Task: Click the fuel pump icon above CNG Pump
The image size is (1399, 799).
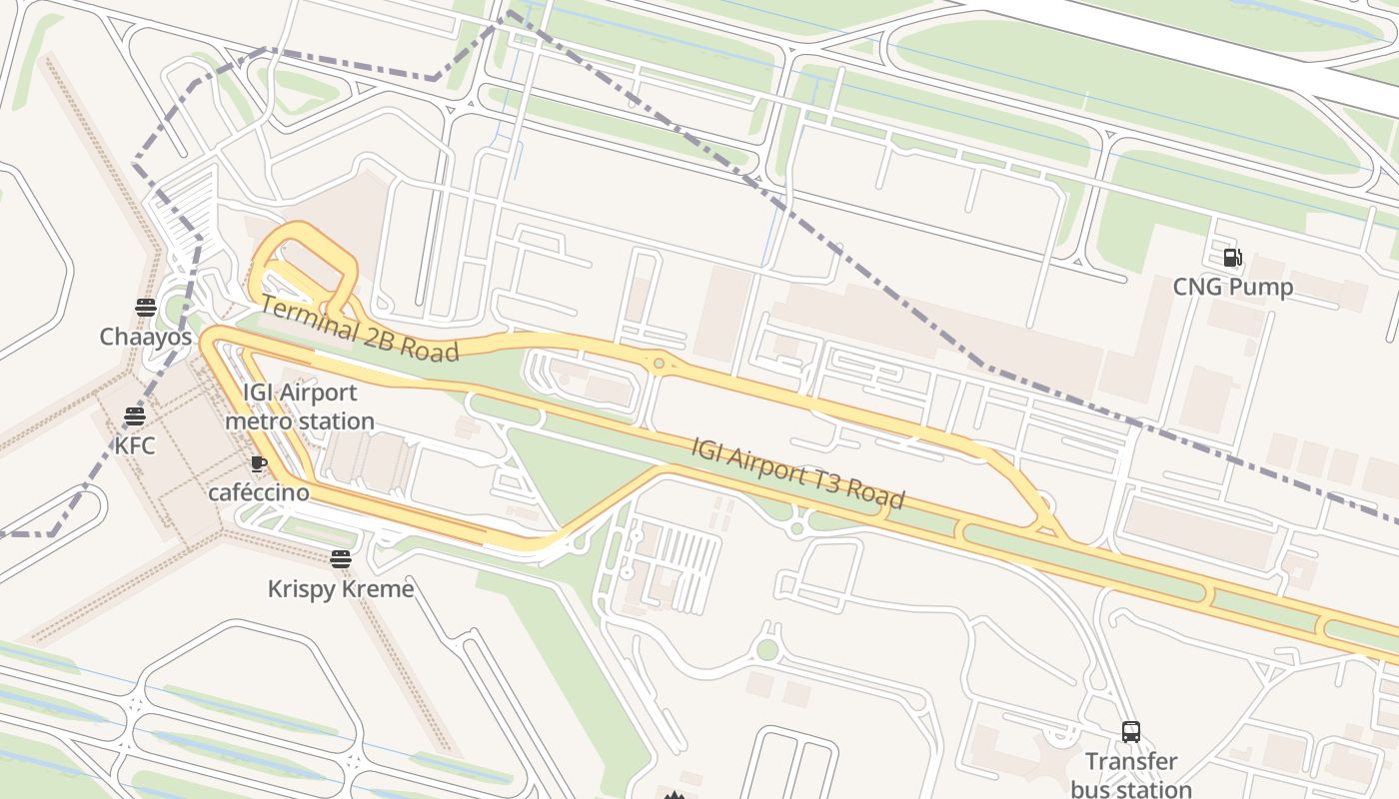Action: click(x=1232, y=258)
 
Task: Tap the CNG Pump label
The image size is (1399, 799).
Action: click(x=1232, y=288)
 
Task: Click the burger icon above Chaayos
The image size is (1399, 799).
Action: click(x=146, y=307)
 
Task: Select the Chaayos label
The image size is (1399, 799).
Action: click(x=146, y=337)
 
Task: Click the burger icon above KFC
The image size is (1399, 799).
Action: click(x=135, y=415)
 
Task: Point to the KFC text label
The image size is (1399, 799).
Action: click(x=135, y=445)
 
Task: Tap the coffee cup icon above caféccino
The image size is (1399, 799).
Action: click(x=258, y=463)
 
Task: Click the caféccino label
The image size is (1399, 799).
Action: click(x=258, y=492)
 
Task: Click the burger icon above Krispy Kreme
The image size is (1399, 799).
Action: click(x=341, y=559)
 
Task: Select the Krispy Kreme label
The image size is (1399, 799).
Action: click(x=341, y=589)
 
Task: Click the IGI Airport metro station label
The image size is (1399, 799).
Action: click(x=299, y=406)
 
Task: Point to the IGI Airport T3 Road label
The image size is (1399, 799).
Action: click(x=797, y=472)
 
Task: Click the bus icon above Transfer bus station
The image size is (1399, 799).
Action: click(x=1130, y=732)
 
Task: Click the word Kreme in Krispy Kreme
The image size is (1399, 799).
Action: click(x=377, y=589)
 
